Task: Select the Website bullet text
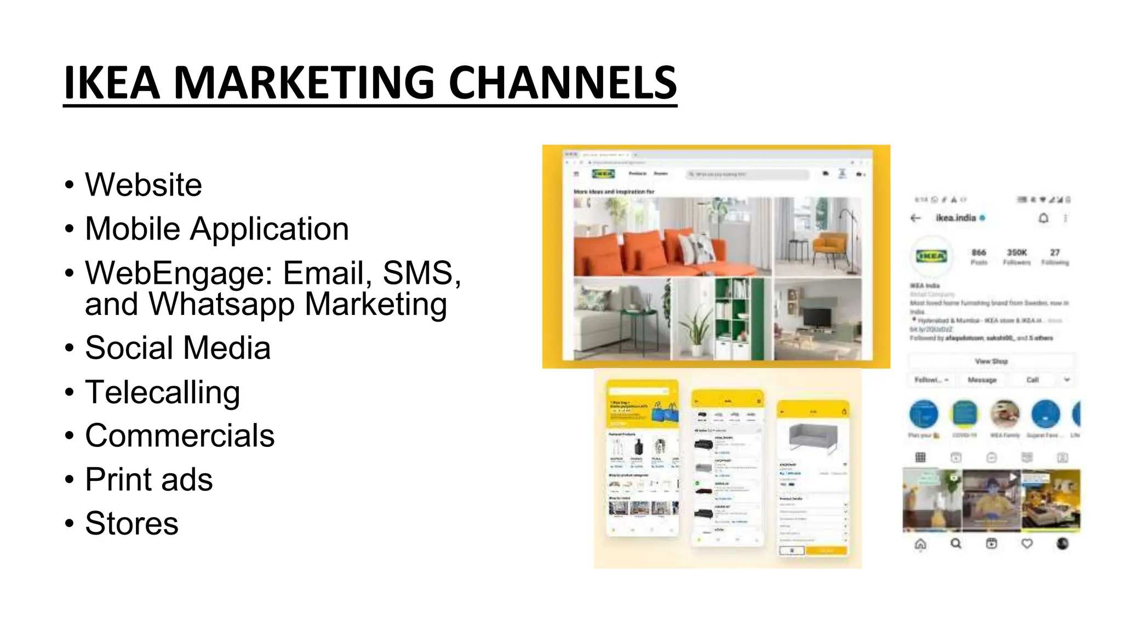pos(144,185)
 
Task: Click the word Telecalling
pos(163,392)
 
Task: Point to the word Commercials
pos(180,435)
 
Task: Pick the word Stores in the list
pos(131,523)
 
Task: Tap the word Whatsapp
pos(222,304)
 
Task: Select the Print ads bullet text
pos(149,479)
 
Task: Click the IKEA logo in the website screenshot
pos(603,174)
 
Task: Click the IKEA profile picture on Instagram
pos(931,256)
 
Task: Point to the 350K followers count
pos(1017,253)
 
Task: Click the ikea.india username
pos(956,218)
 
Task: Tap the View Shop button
pos(991,362)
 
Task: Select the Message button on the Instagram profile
pos(982,380)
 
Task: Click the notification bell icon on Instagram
pos(1044,218)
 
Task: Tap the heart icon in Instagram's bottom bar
pos(1027,543)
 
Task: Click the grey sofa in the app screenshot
pos(813,437)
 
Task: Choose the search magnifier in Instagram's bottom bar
pos(956,543)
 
